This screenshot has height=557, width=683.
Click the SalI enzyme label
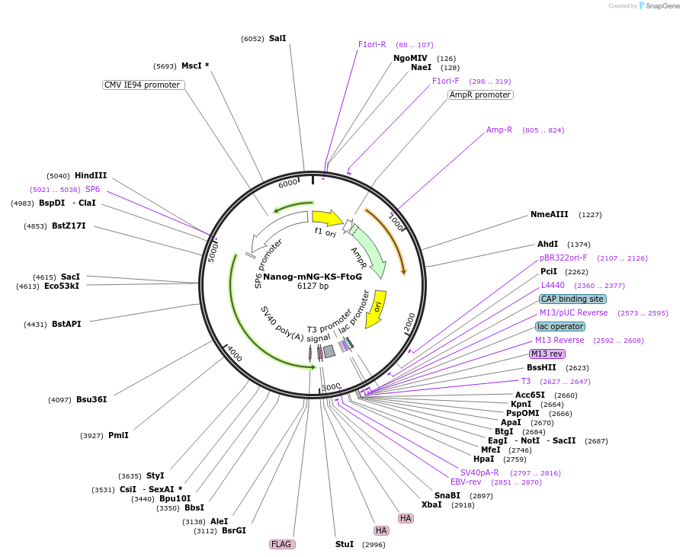277,38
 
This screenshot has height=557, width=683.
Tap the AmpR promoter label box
480,95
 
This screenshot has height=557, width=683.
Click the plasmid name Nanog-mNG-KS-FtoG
313,277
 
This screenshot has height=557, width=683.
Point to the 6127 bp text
313,287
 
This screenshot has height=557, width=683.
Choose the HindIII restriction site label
91,175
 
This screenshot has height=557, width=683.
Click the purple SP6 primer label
92,189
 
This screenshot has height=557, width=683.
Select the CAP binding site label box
572,299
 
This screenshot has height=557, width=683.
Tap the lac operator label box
560,326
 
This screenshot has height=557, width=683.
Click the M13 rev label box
547,354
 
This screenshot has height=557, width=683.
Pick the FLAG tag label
281,544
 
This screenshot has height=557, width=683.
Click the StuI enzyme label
345,544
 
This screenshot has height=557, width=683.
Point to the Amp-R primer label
499,130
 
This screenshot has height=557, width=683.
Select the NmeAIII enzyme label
550,214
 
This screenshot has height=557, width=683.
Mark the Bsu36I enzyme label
91,399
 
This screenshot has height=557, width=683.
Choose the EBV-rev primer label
466,482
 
